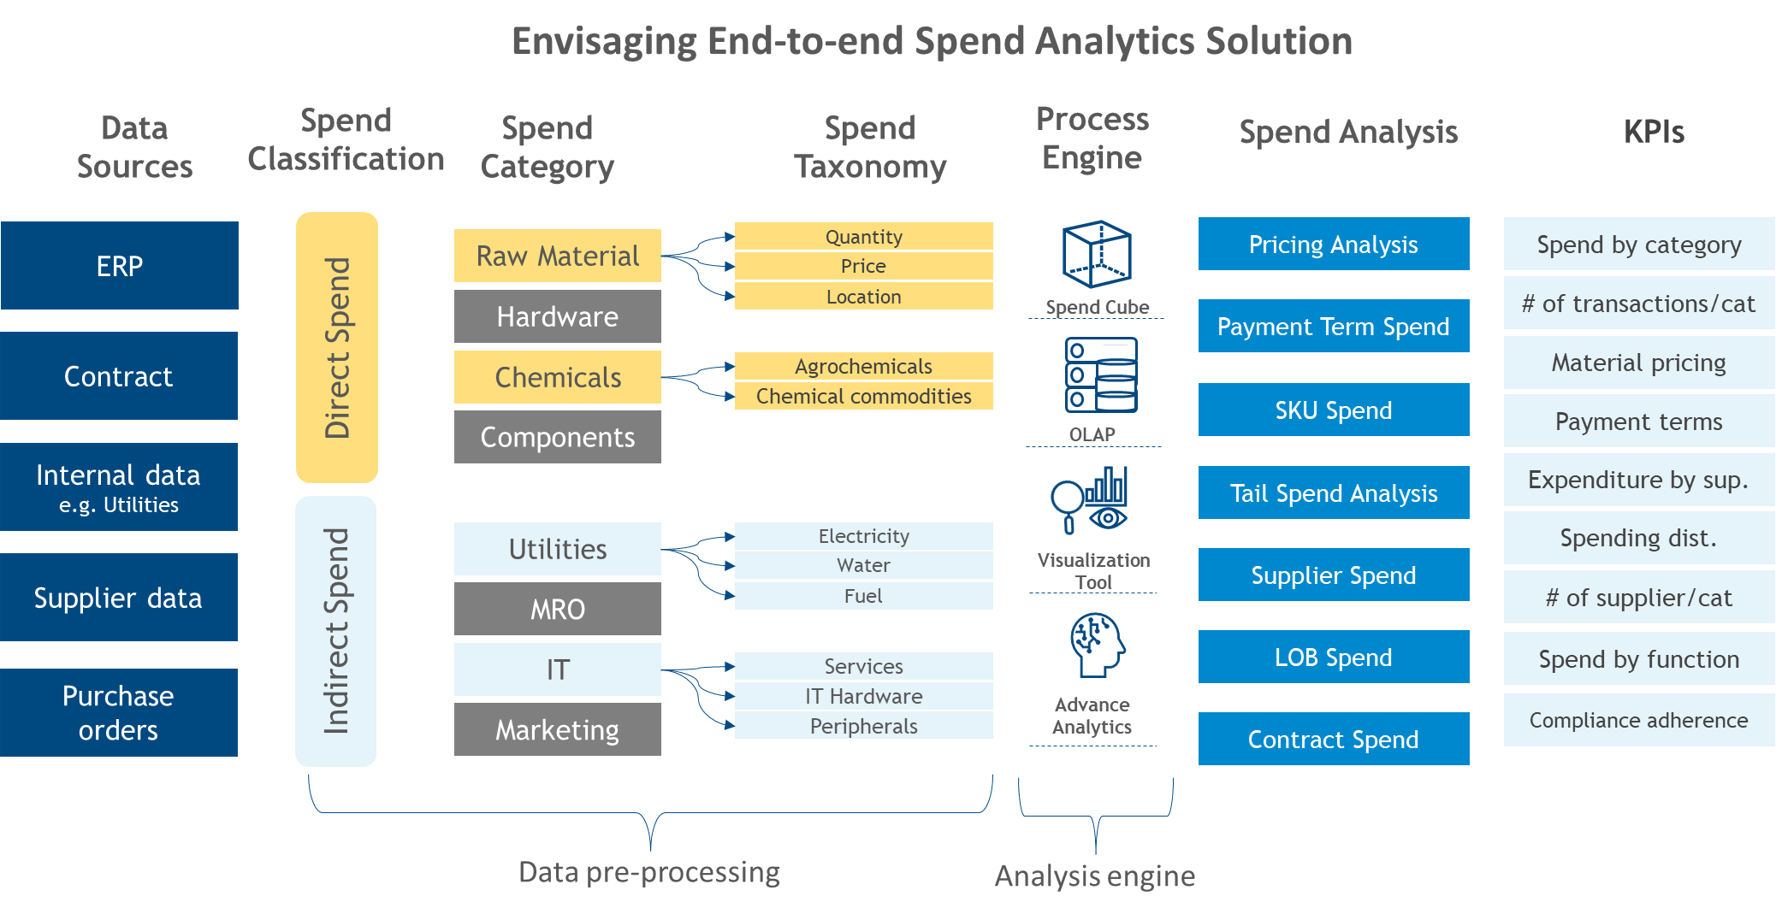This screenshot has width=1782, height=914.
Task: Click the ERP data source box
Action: pos(120,266)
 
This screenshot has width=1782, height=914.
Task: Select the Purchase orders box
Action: pos(119,712)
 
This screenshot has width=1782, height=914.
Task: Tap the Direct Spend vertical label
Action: pos(337,347)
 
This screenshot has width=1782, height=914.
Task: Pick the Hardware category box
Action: pos(557,316)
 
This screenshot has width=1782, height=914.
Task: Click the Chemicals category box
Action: pos(557,377)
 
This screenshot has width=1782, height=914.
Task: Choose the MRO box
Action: pos(557,609)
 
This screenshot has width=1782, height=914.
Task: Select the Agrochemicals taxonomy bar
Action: pos(863,366)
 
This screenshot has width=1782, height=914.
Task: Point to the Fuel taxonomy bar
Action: pos(863,596)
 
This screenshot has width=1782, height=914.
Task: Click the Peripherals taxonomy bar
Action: pos(863,726)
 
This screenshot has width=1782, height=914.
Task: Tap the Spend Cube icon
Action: pos(1097,254)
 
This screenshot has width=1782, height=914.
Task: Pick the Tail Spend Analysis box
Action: pos(1333,492)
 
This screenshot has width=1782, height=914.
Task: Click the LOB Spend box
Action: pos(1333,657)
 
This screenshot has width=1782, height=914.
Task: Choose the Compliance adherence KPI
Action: pos(1638,720)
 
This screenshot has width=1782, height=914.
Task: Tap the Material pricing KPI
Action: pos(1638,363)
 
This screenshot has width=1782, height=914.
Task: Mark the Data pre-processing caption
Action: pos(648,872)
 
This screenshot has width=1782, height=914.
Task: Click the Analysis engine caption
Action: pos(1094,876)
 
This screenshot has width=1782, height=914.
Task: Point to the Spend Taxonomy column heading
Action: pos(870,147)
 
